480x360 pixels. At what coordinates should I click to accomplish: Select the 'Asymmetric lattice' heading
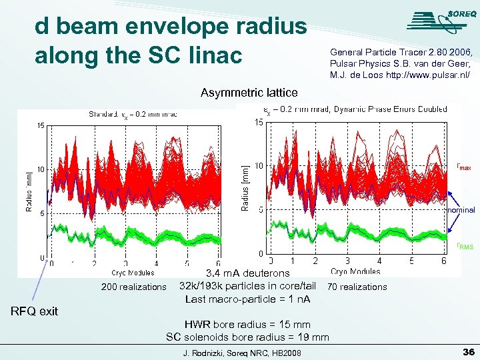(249, 93)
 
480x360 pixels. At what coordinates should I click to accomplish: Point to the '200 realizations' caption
(133, 287)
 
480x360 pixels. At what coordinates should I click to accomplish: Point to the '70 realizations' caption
(357, 287)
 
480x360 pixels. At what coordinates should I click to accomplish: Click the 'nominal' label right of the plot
(461, 209)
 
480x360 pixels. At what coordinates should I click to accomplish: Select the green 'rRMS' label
(465, 247)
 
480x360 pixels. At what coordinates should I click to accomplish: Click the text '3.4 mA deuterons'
(247, 273)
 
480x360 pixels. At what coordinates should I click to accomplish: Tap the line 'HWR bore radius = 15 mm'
(247, 325)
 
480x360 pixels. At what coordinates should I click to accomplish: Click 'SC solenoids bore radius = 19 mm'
(247, 337)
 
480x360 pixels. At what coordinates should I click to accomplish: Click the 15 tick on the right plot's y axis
(258, 122)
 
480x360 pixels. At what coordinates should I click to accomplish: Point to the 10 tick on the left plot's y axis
(41, 169)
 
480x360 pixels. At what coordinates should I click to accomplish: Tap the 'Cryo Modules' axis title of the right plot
(356, 271)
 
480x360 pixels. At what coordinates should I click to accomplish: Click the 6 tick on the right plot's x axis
(444, 261)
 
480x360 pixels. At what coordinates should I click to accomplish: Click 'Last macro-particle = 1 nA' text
(247, 299)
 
